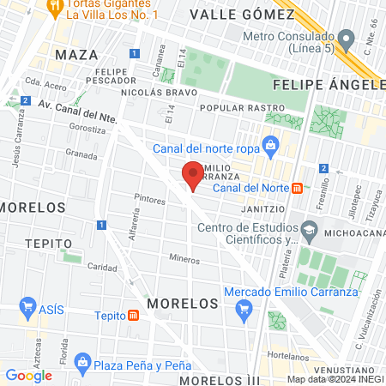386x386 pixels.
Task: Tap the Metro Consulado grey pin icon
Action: (x=347, y=39)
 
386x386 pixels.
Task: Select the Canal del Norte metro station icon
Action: (x=296, y=188)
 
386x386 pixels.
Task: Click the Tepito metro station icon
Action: (x=134, y=315)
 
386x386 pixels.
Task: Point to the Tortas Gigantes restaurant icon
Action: (x=56, y=7)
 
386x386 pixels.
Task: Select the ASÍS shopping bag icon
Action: (x=27, y=308)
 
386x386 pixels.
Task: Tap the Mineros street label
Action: (x=184, y=258)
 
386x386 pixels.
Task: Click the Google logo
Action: (x=28, y=375)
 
